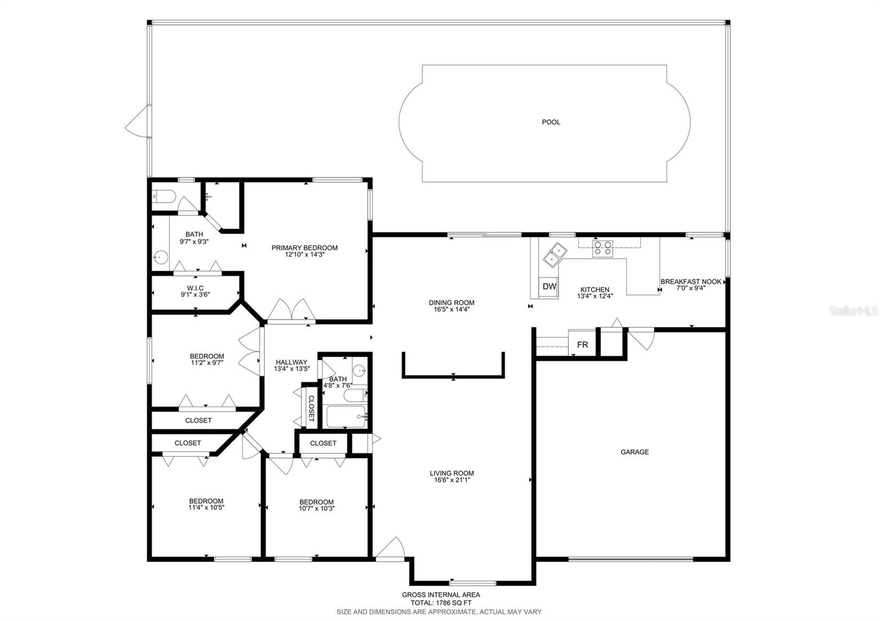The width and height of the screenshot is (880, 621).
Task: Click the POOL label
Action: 551,122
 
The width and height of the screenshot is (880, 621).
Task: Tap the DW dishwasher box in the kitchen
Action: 549,286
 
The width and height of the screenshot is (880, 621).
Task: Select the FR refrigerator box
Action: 582,344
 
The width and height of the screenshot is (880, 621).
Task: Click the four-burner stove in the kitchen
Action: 603,248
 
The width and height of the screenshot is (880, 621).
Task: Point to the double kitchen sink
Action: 555,255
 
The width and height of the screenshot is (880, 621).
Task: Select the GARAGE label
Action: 635,452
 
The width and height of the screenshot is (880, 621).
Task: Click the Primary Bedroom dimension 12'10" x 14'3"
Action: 305,254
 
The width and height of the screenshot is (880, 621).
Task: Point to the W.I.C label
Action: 195,288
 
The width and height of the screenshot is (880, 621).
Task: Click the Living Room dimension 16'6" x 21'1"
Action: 452,480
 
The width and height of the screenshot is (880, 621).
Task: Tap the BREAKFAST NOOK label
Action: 691,281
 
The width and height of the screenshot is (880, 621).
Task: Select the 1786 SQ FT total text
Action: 453,603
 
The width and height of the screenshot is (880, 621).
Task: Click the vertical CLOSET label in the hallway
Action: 311,408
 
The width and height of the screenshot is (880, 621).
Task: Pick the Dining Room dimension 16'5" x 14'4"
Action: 452,309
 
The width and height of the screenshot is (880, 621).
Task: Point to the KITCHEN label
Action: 595,290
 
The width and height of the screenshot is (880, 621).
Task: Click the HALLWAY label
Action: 291,362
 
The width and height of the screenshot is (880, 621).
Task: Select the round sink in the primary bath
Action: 161,258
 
